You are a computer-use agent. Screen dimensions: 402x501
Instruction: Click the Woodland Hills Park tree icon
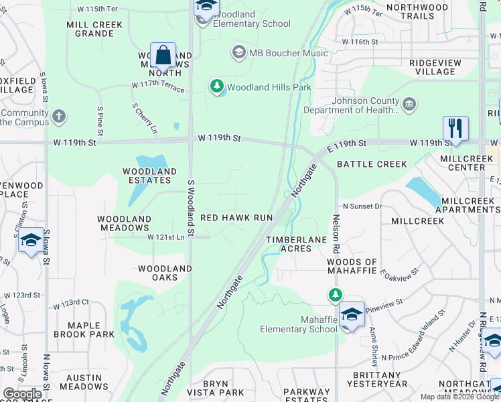(x=216, y=86)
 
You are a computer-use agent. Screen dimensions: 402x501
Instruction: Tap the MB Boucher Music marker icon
(x=238, y=52)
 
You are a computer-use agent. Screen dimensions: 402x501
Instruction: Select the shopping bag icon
(x=163, y=56)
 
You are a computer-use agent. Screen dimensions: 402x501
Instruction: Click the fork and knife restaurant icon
(x=455, y=129)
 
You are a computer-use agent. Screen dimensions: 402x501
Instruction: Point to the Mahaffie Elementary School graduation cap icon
(x=352, y=314)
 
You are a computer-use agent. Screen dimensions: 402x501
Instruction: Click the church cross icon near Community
(x=59, y=117)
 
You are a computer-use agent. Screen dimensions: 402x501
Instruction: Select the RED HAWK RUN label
(x=236, y=218)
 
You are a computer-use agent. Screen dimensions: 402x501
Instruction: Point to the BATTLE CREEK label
(x=372, y=164)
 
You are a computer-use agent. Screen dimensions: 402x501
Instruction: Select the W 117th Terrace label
(x=157, y=86)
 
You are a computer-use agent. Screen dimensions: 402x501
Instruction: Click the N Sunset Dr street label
(x=362, y=206)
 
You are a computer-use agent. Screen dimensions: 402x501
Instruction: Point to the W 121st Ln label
(x=166, y=237)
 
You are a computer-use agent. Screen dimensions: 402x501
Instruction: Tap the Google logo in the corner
(x=22, y=394)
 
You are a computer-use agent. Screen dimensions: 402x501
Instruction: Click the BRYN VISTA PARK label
(x=223, y=387)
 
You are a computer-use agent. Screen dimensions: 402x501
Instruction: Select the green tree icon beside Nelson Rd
(x=335, y=295)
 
